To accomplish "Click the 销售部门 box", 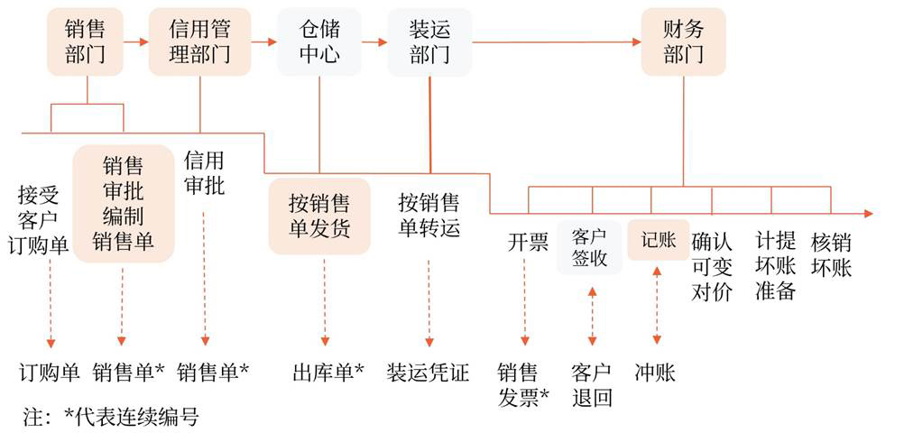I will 86,41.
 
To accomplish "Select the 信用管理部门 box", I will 198,41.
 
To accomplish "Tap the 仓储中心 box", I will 318,41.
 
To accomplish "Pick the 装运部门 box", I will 429,41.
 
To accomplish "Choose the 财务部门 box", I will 683,41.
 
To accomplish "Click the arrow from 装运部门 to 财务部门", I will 555,41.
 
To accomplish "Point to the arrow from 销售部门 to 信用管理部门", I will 135,41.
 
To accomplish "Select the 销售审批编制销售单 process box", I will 124,204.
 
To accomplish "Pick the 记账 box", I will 658,240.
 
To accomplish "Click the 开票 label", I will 528,242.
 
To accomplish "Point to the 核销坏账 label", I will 831,254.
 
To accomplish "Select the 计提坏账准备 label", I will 775,266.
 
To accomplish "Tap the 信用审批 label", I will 204,173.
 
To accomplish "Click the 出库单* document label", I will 327,372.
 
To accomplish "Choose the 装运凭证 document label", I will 428,372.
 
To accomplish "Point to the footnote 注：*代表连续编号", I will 110,417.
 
